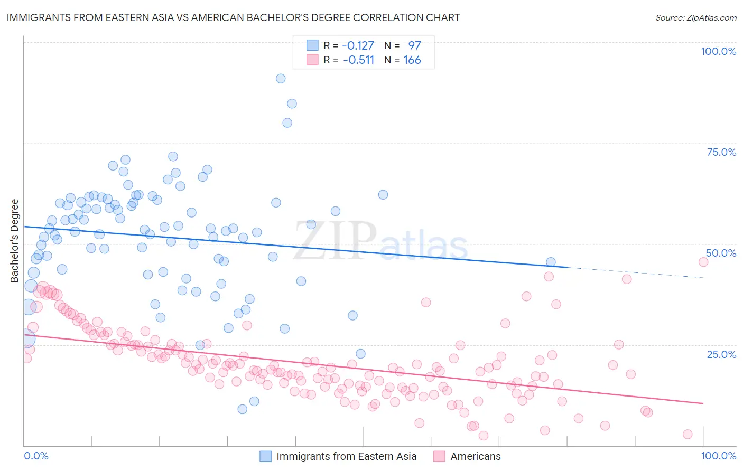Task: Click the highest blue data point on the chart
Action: [281, 79]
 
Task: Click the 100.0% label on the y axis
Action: [718, 51]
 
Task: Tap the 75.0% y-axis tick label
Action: [721, 152]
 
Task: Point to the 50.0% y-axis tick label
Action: [721, 253]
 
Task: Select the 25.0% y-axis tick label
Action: [721, 354]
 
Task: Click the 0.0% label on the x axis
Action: [36, 456]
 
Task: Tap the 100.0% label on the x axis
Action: [718, 456]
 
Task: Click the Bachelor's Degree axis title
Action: [15, 241]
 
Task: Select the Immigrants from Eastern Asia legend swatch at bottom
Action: [265, 456]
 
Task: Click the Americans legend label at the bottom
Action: [476, 456]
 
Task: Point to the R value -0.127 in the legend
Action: [358, 46]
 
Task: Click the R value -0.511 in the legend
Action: [358, 60]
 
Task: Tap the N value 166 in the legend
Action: [412, 60]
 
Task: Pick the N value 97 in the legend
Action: [414, 46]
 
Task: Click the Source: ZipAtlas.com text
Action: [695, 18]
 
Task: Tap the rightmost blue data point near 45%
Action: [551, 262]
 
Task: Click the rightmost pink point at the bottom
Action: [688, 434]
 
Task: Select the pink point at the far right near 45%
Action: [703, 262]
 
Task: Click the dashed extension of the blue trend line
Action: [634, 272]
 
